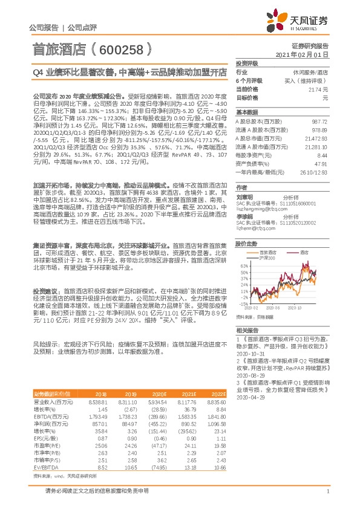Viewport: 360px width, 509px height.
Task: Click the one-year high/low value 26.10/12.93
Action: click(x=315, y=172)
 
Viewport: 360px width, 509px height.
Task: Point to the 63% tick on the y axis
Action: click(x=243, y=265)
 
